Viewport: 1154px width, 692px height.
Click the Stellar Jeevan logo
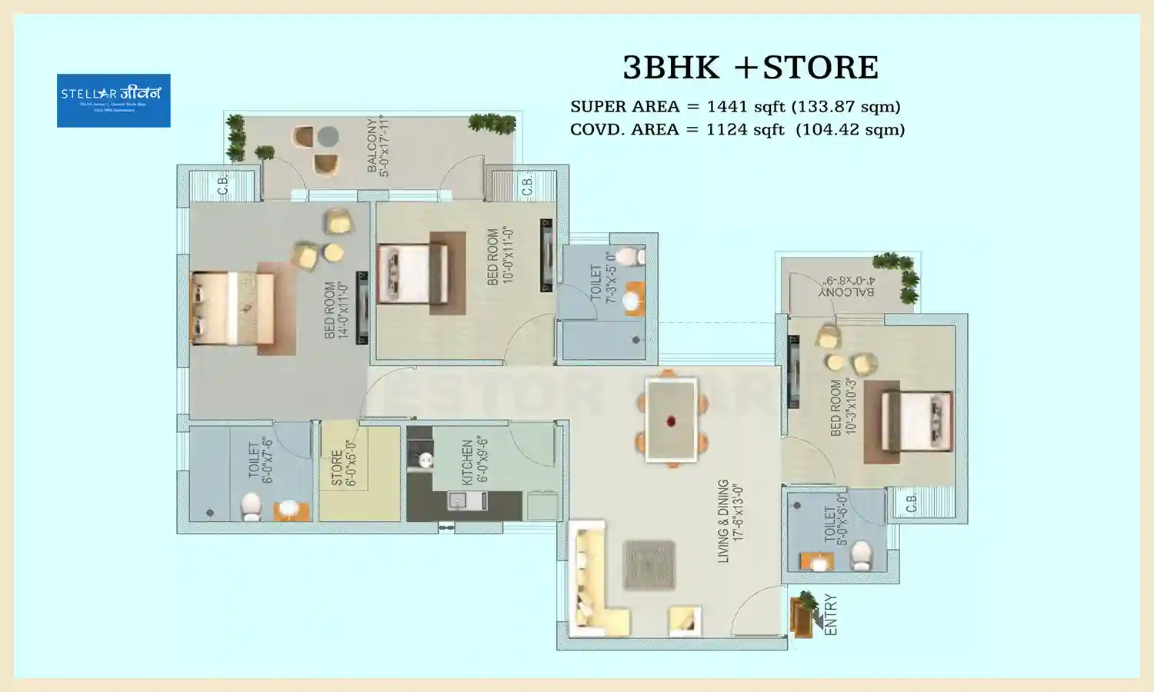pyautogui.click(x=113, y=100)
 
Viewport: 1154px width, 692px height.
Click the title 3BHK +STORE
pyautogui.click(x=750, y=68)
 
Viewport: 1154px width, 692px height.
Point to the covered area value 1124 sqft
pyautogui.click(x=745, y=129)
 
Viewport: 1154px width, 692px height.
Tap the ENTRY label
pyautogui.click(x=831, y=614)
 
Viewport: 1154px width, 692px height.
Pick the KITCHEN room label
pyautogui.click(x=474, y=461)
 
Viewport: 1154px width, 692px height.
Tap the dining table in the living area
pyautogui.click(x=672, y=420)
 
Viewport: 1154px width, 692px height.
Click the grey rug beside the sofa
pyautogui.click(x=649, y=564)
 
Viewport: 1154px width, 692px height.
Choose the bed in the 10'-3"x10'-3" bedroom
pyautogui.click(x=916, y=421)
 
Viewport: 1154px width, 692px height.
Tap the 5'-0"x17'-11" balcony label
pyautogui.click(x=379, y=145)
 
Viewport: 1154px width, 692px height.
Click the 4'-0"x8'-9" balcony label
pyautogui.click(x=846, y=287)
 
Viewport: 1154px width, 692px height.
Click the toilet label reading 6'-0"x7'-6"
pyautogui.click(x=261, y=460)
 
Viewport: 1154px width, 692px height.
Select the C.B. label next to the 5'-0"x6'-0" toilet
pyautogui.click(x=911, y=504)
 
